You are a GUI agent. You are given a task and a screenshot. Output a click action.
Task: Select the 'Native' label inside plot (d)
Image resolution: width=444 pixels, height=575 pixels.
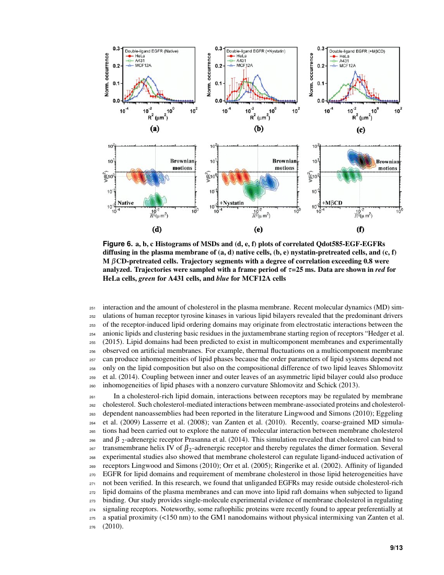click(x=126, y=202)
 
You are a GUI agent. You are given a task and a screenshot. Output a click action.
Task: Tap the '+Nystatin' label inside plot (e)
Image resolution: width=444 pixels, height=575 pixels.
click(x=232, y=202)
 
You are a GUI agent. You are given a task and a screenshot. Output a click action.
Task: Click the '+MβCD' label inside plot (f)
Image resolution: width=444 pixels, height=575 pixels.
click(x=332, y=202)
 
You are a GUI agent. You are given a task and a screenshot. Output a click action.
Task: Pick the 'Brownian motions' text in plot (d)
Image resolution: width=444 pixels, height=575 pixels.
click(x=182, y=165)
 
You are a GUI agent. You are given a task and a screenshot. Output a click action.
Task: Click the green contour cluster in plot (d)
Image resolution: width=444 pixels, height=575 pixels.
click(x=156, y=200)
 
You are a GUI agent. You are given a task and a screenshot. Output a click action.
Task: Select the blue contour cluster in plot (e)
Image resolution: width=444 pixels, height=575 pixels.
click(x=270, y=182)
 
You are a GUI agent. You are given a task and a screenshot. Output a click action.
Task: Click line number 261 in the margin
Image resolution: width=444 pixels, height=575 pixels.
click(x=94, y=397)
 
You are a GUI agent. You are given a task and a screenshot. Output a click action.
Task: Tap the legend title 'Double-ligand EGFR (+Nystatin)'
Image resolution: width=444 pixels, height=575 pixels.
click(x=256, y=51)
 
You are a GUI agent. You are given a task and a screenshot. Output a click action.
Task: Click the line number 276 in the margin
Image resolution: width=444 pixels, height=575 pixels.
click(x=94, y=527)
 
